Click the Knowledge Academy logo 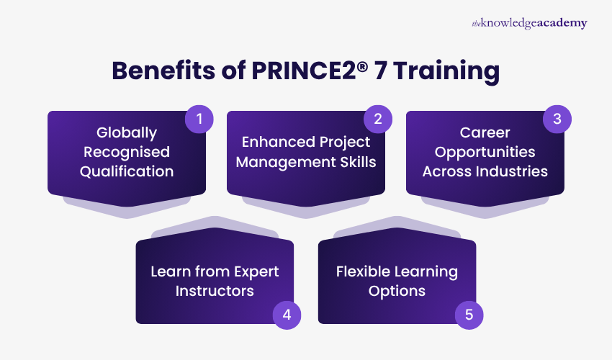529,23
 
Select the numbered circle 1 199,119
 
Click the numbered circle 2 377,119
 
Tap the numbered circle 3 557,119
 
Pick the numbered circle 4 287,314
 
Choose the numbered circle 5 469,314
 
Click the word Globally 127,133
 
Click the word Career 485,133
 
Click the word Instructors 215,291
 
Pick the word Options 397,291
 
